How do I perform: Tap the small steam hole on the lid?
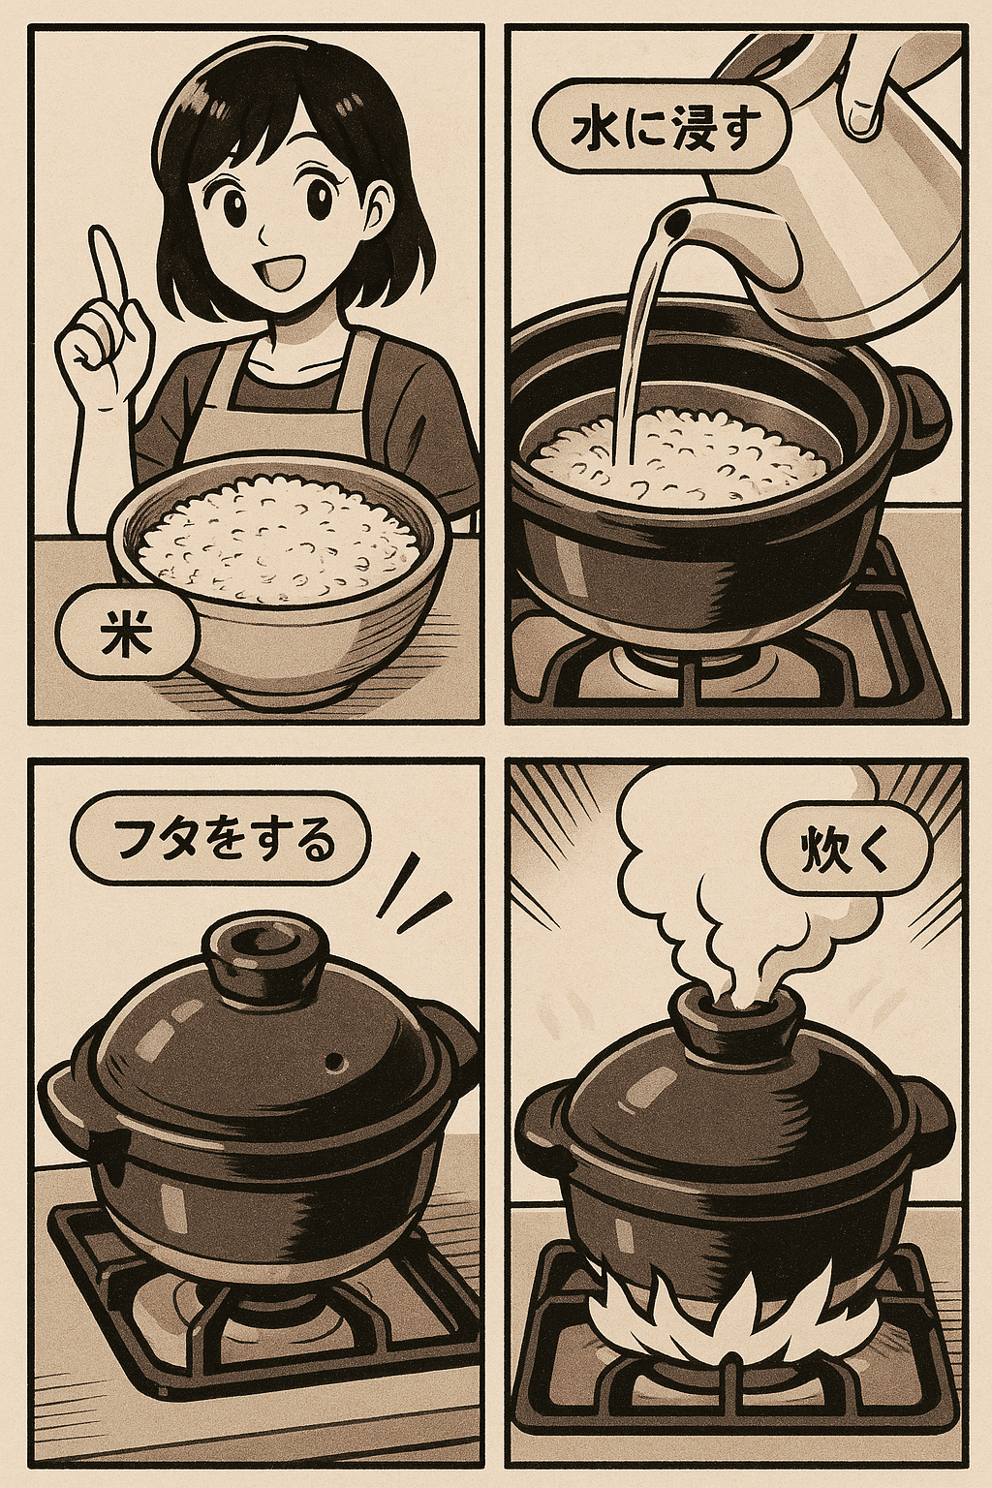click(x=335, y=1062)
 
